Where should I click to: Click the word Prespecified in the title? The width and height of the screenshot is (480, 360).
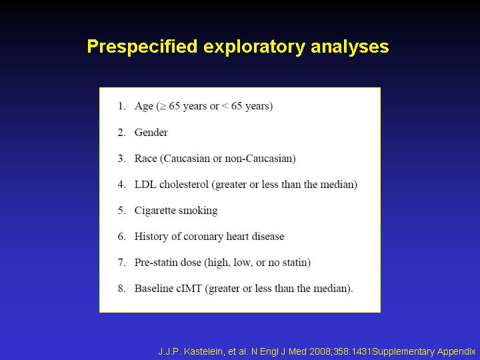tap(142, 47)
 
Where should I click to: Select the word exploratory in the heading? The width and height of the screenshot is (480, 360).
tap(254, 47)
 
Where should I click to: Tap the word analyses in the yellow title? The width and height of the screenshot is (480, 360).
tap(349, 47)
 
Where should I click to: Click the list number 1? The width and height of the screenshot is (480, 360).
tap(121, 106)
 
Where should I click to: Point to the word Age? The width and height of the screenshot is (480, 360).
tap(143, 107)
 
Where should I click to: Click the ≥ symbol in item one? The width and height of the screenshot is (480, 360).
tap(163, 107)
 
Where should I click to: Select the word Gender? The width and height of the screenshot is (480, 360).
tap(151, 133)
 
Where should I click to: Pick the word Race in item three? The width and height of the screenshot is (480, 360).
tap(145, 159)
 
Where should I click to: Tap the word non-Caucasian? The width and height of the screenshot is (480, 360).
tap(259, 159)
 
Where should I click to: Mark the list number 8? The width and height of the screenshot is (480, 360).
tap(122, 289)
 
